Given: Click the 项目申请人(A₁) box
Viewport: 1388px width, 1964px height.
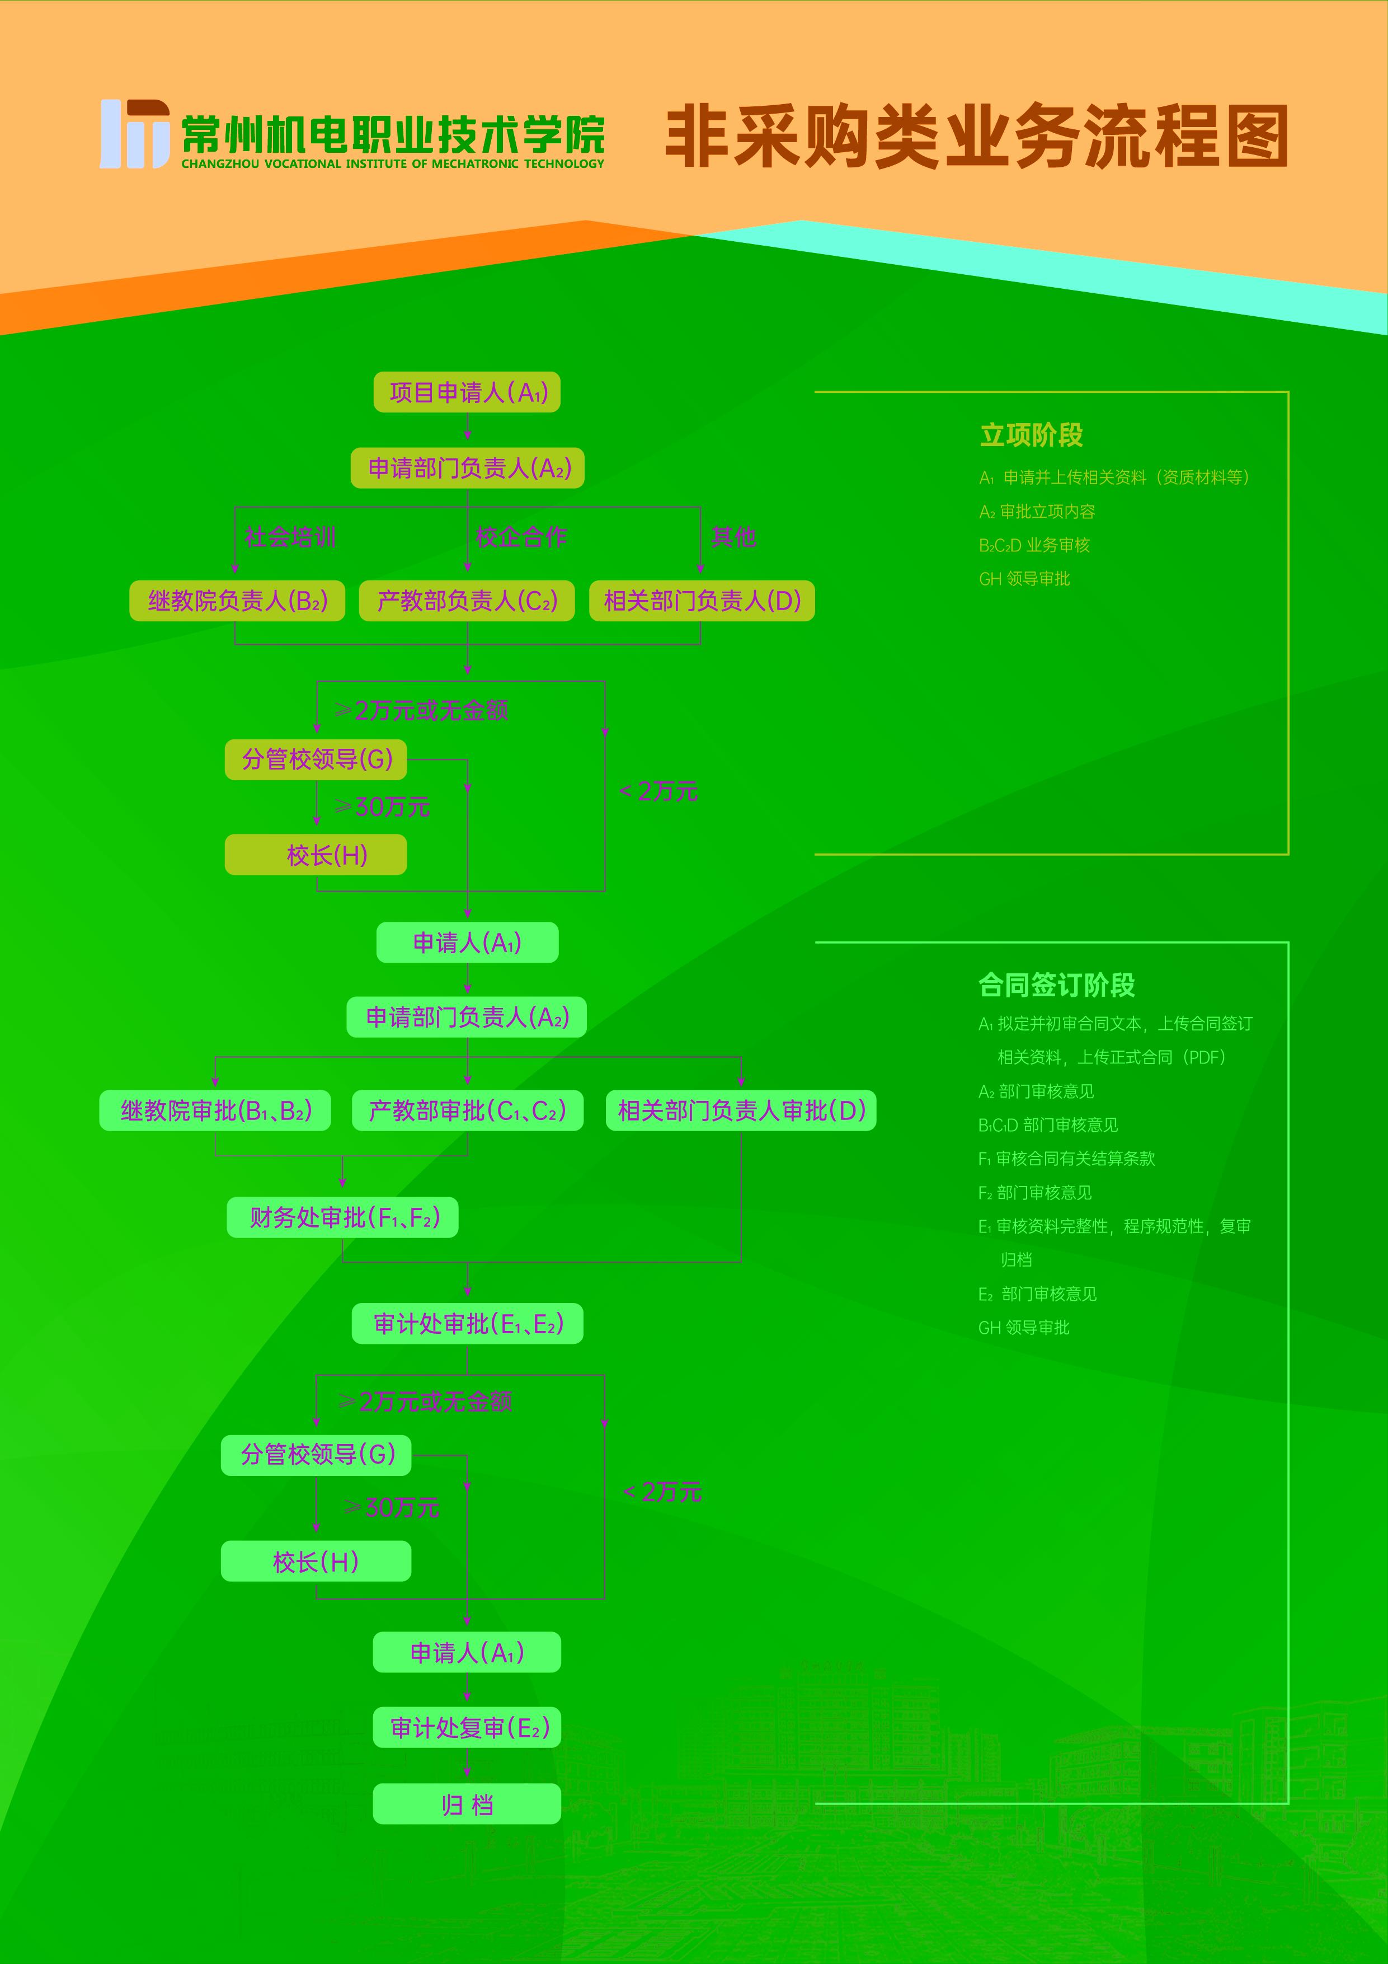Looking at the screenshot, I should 467,392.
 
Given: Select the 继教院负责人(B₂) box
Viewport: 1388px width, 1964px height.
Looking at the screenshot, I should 237,601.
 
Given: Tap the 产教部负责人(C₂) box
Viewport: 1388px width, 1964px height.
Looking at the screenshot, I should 467,601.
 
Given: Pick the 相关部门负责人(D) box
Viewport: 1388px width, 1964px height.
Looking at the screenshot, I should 701,601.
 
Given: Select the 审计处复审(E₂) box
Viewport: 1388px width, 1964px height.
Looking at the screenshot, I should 467,1727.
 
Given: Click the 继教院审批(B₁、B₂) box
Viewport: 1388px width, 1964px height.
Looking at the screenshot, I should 215,1110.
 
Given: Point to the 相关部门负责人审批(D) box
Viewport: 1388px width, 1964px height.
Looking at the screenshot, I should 741,1110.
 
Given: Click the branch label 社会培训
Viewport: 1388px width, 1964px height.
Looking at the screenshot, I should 290,537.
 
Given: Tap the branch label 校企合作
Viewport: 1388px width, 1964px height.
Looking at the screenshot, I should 521,537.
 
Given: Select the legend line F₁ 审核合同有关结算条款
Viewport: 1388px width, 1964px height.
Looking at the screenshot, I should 1066,1158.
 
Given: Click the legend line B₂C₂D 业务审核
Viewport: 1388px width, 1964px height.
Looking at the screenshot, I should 1034,545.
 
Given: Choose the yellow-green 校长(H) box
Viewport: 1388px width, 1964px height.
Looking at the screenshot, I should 316,855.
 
